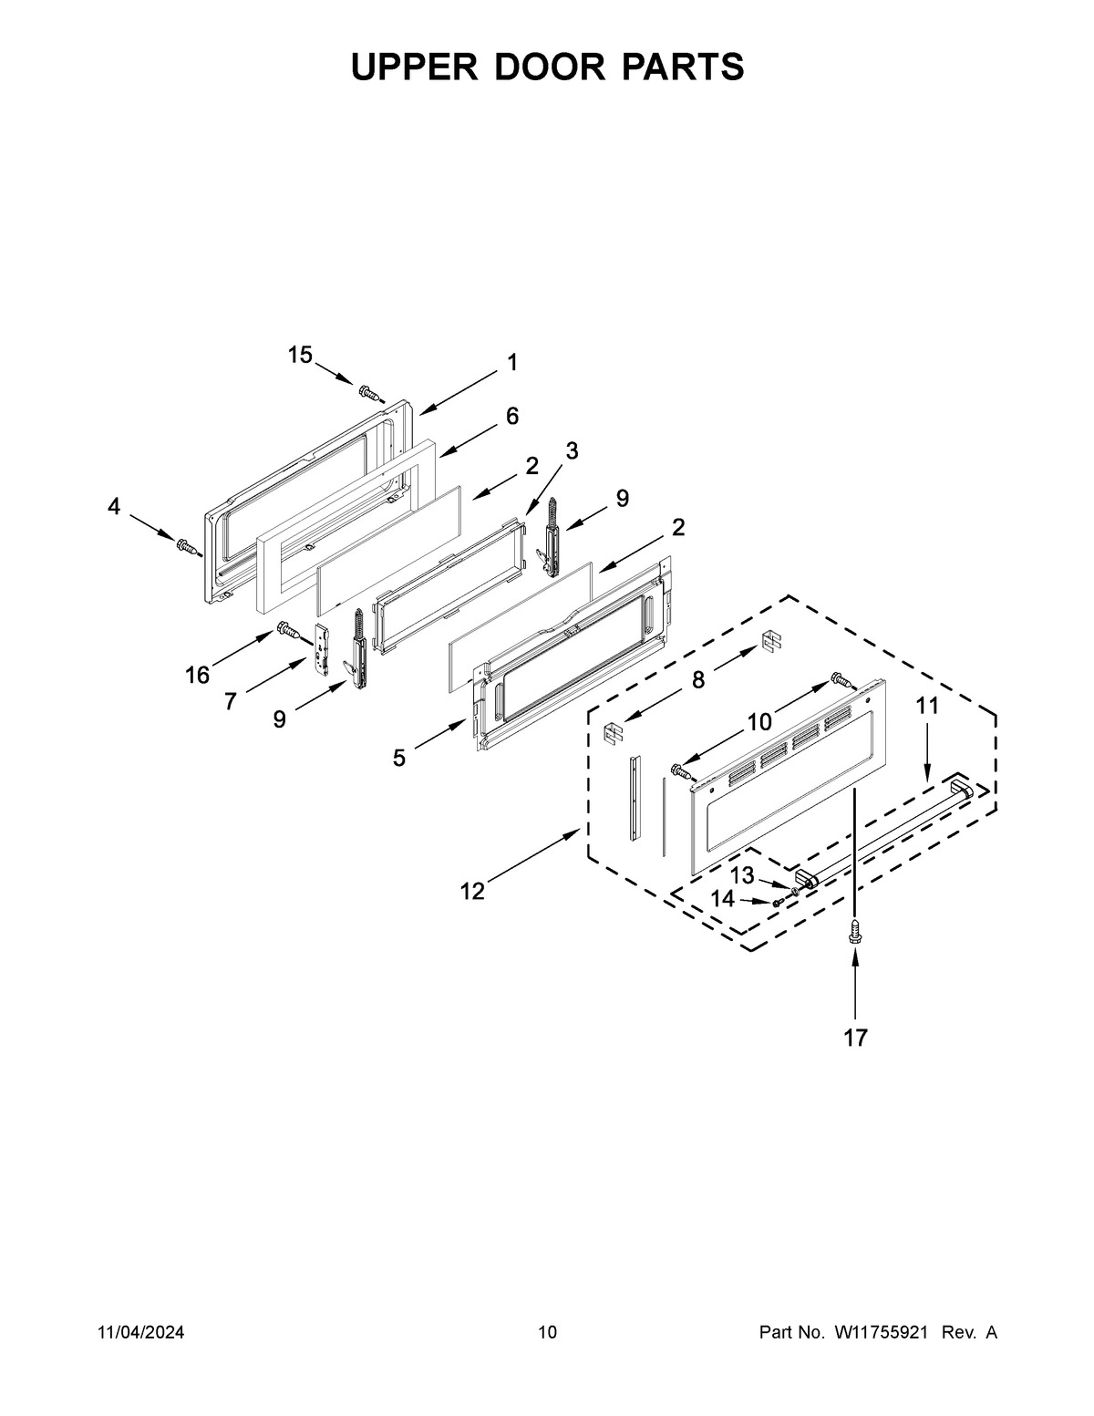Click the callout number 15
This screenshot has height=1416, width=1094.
coord(300,356)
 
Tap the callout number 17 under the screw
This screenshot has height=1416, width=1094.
coord(855,1037)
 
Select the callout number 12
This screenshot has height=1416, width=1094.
coord(472,891)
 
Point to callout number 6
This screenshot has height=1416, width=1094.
coord(512,417)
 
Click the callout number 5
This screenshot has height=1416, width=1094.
coord(399,758)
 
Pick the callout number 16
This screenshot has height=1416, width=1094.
coord(197,676)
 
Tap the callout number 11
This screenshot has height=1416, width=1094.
coord(927,706)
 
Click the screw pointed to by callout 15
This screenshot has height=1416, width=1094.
coord(369,394)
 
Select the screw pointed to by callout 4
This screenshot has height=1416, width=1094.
coord(187,546)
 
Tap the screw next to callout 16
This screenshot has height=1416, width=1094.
coord(287,628)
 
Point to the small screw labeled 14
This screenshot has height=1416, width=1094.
coord(778,903)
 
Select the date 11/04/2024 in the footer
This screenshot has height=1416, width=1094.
coord(141,1333)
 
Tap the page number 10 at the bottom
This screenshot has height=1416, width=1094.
coord(547,1333)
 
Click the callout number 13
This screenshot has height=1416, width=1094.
coord(743,876)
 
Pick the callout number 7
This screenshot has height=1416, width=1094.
coord(231,701)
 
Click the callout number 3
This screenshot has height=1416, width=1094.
coord(572,450)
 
